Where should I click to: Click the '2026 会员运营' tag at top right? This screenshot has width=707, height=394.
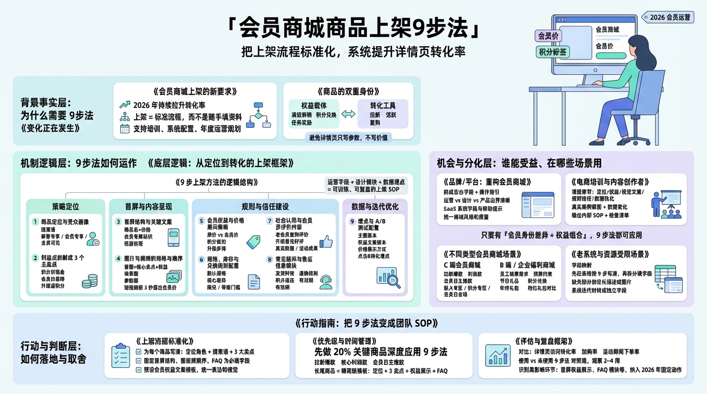coord(672,17)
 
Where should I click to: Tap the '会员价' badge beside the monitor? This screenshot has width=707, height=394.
coord(549,35)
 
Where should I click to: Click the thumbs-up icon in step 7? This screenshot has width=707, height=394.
coord(326,242)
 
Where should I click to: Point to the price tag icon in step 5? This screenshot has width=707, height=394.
coord(253,242)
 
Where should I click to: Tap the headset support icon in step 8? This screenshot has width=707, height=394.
coord(326,282)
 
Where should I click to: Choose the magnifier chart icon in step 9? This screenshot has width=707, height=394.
coord(393,280)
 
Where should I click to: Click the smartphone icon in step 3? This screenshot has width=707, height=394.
coord(174,238)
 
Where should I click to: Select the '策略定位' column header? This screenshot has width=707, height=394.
coord(65,207)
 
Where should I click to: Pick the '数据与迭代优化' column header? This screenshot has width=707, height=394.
coord(375,207)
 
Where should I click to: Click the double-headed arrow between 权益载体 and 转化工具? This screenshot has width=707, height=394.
coord(348,114)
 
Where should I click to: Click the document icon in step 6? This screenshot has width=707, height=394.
coord(253,282)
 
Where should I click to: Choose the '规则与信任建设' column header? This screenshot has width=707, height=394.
coord(265,207)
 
